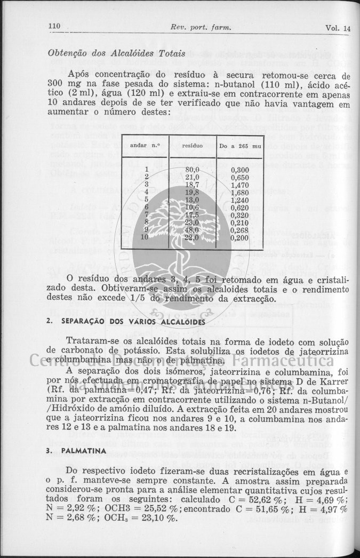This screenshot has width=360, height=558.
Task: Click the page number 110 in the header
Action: coord(53,27)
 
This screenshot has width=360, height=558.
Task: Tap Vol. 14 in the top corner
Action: coord(338,28)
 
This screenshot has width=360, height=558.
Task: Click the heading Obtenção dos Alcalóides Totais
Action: coord(117,53)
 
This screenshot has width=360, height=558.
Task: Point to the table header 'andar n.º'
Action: coord(145,145)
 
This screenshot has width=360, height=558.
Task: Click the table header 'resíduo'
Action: coord(191,145)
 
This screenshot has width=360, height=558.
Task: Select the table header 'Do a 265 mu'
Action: coord(240,145)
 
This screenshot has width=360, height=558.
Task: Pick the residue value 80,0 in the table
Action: coord(191,169)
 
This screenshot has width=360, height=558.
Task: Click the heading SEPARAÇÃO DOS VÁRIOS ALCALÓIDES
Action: coord(133,322)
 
